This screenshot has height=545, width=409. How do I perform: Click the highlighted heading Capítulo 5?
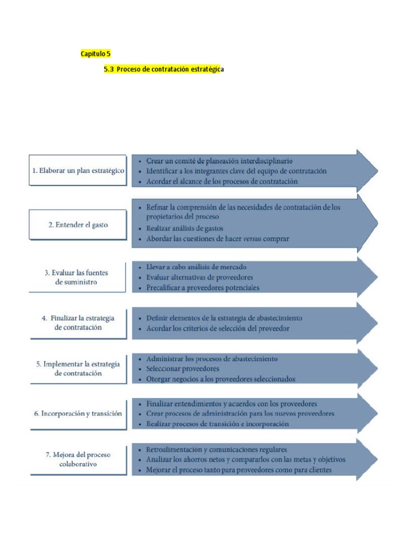pos(96,54)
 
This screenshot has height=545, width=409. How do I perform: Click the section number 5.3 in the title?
pos(109,69)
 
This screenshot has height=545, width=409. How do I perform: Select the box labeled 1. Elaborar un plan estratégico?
pos(78,170)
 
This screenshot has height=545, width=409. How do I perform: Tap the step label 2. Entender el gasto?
pos(78,225)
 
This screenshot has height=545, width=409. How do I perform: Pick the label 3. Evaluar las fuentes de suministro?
pos(76,277)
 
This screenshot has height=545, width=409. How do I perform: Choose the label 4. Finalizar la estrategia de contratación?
pos(78,323)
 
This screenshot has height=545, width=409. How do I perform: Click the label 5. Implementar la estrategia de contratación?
pos(78,368)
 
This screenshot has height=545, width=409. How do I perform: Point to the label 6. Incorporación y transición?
pos(78,413)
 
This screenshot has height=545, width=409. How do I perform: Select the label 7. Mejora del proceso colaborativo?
pos(78,459)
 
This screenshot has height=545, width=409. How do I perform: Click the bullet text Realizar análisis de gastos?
pos(185,228)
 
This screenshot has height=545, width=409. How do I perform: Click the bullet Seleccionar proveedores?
pos(183,369)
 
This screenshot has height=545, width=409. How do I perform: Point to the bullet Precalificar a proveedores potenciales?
pos(203,288)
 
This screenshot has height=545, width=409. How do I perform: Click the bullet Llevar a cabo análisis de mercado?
pos(196,267)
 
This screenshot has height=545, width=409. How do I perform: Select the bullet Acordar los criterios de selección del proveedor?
pos(218,328)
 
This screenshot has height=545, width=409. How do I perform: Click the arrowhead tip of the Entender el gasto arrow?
pos(378,223)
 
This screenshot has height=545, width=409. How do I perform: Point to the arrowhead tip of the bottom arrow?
pos(378,459)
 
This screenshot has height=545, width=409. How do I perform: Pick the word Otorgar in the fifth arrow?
pos(158,379)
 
